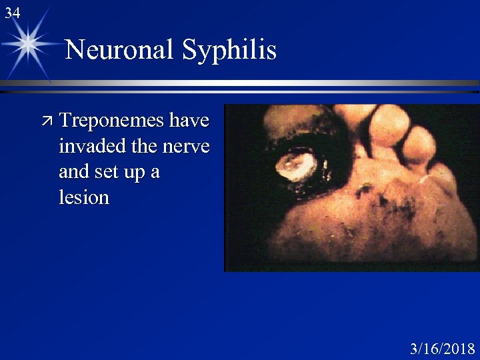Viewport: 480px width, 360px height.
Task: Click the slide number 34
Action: pos(12,13)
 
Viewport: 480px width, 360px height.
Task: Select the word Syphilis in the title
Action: pos(229,50)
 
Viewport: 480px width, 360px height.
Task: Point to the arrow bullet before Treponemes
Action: pos(46,121)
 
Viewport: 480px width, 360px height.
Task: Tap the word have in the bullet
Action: pos(189,121)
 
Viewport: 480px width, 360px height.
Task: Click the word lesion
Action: pos(84,197)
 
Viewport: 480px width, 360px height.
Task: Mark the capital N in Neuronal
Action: pos(75,50)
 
